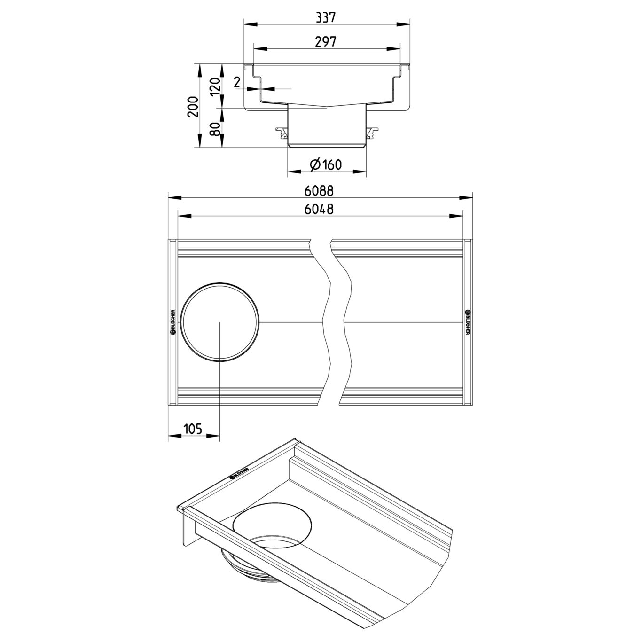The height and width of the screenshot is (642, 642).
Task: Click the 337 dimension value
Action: coord(326,17)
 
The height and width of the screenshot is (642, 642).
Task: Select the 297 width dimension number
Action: coord(326,42)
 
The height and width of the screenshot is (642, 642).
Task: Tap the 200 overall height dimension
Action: coord(193,107)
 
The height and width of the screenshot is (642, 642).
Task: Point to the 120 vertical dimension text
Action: coord(216,86)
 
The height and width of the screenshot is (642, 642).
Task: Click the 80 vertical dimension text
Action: coord(216,129)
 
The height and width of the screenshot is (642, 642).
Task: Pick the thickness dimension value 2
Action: coord(237,82)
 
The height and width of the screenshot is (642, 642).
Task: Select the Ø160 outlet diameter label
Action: coord(326,164)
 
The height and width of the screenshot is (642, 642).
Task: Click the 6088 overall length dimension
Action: coord(319,191)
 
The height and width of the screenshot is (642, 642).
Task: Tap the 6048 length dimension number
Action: coord(319,209)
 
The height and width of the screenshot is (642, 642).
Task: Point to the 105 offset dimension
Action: coord(192,429)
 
